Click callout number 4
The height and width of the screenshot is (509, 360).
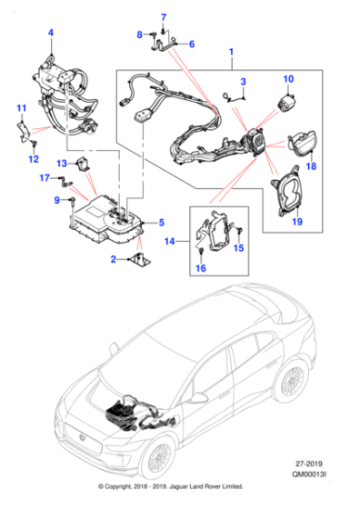50,34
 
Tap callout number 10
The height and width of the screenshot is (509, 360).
288,80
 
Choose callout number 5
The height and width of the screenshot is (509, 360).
161,222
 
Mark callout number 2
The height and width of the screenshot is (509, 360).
114,260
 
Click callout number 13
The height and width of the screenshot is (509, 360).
63,163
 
